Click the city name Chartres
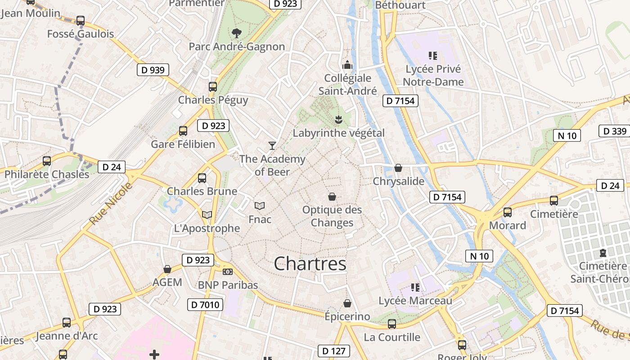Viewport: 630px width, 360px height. tap(310, 264)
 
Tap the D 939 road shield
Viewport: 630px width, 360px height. tap(153, 70)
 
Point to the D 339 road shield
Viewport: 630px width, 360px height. tap(615, 131)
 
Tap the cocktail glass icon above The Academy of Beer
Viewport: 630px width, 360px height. tap(272, 145)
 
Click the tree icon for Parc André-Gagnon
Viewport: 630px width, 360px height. tap(236, 33)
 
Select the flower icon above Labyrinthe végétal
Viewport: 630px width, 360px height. tap(338, 120)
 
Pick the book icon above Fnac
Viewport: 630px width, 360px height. tap(260, 206)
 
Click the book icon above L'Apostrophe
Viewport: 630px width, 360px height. tap(207, 215)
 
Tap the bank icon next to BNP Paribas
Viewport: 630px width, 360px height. tap(228, 272)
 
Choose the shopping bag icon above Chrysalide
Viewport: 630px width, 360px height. tap(398, 168)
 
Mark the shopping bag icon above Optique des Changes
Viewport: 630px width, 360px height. tap(332, 197)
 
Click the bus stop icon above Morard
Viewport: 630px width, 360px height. tap(508, 212)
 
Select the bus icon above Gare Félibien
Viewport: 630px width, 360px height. tap(183, 131)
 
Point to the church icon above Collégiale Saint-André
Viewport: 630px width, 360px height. tap(347, 65)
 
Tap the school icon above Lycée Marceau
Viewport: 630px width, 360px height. tap(415, 287)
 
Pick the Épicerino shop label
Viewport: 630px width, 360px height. tap(347, 316)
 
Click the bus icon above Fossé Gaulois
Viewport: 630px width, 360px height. tap(81, 21)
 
